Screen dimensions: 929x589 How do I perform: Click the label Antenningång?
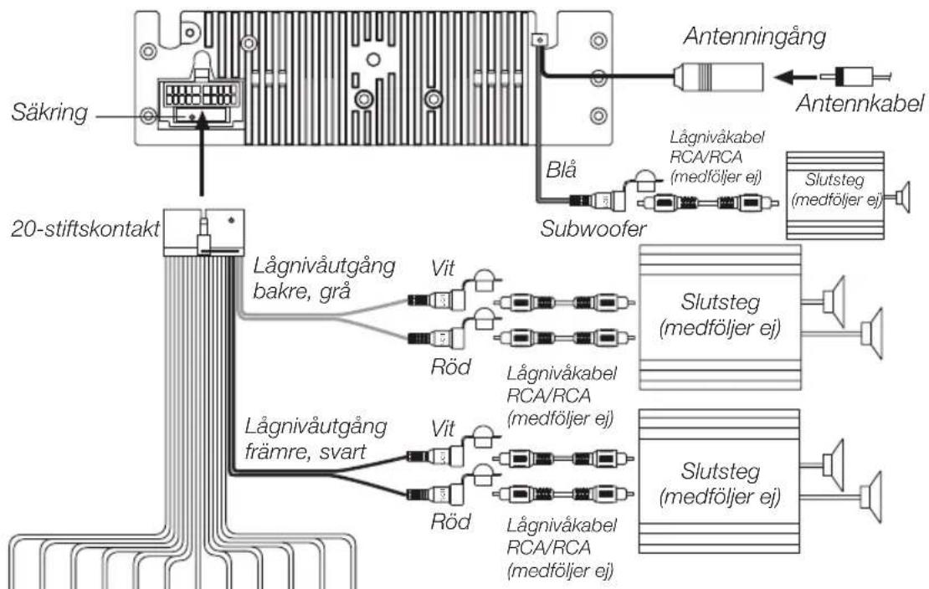(x=754, y=38)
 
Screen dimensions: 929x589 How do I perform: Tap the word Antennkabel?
(x=860, y=103)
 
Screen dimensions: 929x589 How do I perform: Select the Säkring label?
(x=49, y=113)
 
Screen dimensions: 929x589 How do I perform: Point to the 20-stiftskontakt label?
(x=85, y=228)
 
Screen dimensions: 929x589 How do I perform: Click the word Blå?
(x=561, y=170)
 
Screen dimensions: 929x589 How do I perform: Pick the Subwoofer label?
(x=593, y=228)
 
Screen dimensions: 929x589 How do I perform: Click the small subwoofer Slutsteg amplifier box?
(x=834, y=196)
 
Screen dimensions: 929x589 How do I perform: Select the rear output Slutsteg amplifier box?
(x=720, y=317)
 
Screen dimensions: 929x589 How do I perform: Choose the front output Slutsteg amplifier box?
(x=720, y=481)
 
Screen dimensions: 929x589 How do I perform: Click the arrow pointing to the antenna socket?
(x=794, y=77)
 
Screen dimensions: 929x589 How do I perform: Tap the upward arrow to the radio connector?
(x=202, y=153)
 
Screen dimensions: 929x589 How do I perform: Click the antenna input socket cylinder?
(x=718, y=77)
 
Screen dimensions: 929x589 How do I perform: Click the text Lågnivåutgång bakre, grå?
(x=324, y=277)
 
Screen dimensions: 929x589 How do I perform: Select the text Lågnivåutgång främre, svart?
(x=316, y=439)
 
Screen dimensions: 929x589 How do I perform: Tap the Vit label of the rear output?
(x=443, y=268)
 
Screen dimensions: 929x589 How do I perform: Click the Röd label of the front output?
(x=450, y=521)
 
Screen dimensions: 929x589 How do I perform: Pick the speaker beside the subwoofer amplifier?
(x=902, y=197)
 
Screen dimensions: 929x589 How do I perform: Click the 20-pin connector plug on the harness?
(x=203, y=233)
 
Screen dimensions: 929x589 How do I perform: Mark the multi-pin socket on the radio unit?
(x=200, y=101)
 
